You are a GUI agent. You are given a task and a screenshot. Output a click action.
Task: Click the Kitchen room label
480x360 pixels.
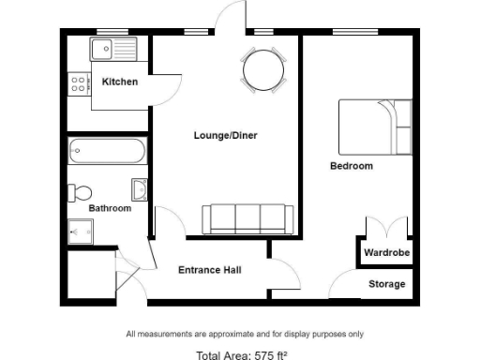[120, 82]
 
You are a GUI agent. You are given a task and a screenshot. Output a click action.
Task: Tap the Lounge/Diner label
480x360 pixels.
[225, 136]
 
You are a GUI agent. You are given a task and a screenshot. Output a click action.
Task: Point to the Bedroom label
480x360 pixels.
[352, 166]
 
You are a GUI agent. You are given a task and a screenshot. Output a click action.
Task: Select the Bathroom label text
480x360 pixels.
[110, 208]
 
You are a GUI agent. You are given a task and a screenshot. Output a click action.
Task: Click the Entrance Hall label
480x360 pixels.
[210, 270]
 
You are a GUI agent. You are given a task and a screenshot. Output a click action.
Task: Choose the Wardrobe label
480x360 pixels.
[384, 253]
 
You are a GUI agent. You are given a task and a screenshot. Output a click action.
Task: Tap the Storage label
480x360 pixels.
[386, 284]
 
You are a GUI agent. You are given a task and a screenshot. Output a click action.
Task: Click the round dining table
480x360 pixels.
[263, 68]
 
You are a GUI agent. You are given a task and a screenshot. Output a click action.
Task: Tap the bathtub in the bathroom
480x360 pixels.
[107, 150]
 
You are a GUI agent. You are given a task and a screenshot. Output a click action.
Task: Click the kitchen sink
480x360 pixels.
[114, 47]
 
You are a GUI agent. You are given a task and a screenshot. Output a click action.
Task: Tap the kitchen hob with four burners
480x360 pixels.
[78, 82]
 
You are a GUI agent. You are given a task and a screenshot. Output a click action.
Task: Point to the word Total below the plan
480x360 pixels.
[212, 355]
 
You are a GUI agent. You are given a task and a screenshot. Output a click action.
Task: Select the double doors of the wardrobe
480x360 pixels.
[386, 228]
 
